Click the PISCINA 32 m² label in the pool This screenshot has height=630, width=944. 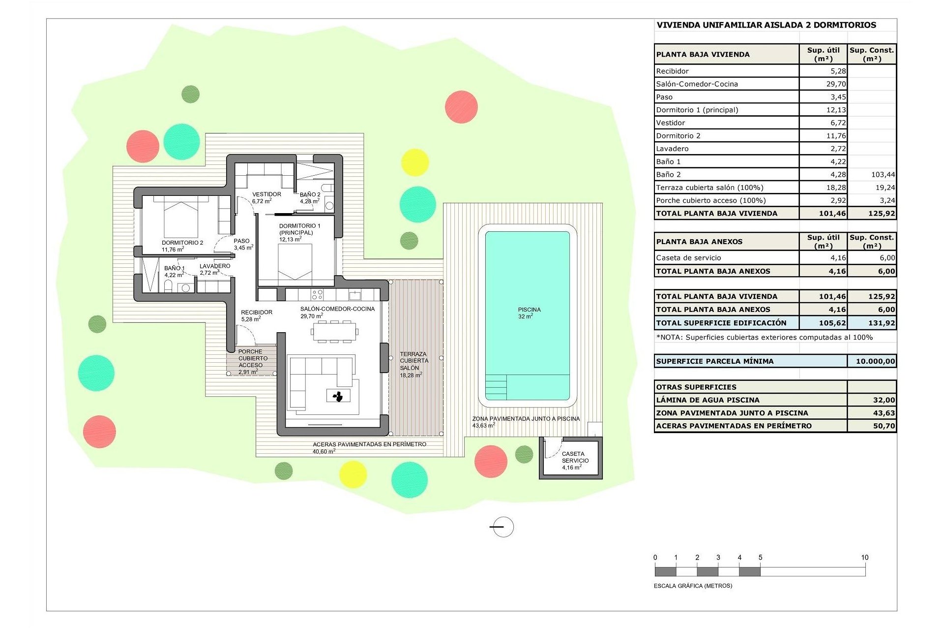[529, 313]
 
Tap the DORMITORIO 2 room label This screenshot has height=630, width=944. [182, 246]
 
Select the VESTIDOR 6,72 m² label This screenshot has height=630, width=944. [266, 197]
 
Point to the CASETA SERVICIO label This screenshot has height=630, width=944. [574, 460]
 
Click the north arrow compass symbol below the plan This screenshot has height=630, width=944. [502, 527]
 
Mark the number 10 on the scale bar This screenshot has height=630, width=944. [864, 557]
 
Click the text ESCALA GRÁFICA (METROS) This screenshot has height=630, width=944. [693, 586]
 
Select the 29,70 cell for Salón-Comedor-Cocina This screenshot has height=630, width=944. [835, 84]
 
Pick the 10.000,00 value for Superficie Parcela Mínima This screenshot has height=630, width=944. [875, 361]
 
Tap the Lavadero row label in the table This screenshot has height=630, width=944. [672, 149]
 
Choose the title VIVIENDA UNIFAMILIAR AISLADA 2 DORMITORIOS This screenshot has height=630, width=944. [766, 25]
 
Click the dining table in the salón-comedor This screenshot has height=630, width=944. [334, 331]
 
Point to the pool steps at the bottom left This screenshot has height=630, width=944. [496, 387]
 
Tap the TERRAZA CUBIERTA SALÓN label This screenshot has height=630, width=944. [413, 364]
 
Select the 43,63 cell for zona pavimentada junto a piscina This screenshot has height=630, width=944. [884, 413]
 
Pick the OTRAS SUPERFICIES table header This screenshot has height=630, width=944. [696, 387]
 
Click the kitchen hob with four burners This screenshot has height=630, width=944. [317, 295]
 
